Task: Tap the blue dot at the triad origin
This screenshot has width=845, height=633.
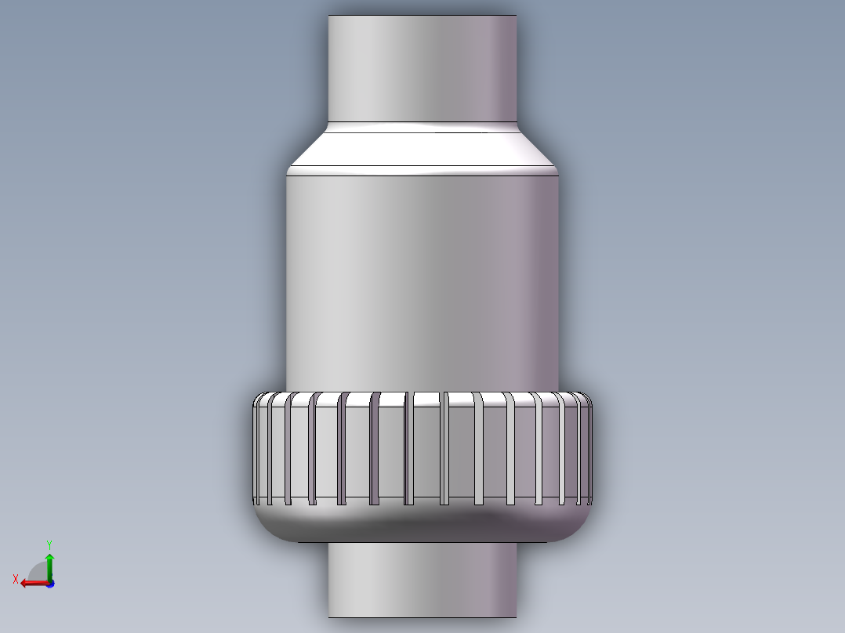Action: pyautogui.click(x=49, y=583)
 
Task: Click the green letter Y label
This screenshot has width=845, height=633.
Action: pyautogui.click(x=49, y=544)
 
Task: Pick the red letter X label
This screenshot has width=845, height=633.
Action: pyautogui.click(x=16, y=579)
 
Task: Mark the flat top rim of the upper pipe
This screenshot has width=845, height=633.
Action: pyautogui.click(x=422, y=16)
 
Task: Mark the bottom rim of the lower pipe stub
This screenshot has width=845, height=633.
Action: pyautogui.click(x=422, y=617)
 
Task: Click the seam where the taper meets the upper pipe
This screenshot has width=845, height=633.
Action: pyautogui.click(x=422, y=123)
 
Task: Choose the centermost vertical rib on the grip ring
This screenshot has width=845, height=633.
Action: pyautogui.click(x=409, y=449)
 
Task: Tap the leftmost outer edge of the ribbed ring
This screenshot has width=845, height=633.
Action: pyautogui.click(x=252, y=450)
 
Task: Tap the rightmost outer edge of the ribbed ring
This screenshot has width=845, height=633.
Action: pyautogui.click(x=592, y=450)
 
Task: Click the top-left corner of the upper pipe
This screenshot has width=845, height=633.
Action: pyautogui.click(x=328, y=16)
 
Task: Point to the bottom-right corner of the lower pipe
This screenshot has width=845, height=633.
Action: pyautogui.click(x=517, y=617)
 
